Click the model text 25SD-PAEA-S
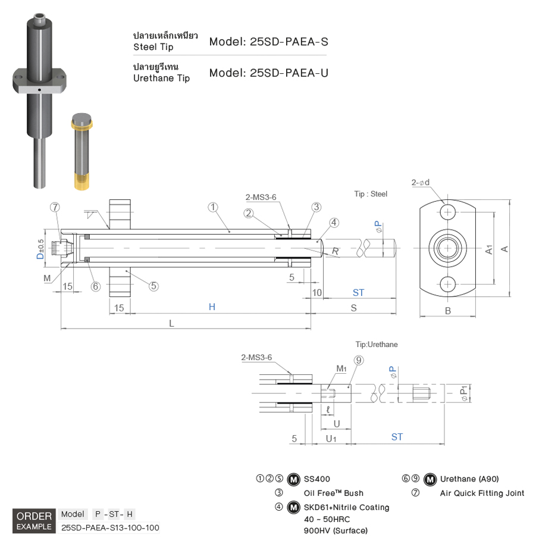(x=268, y=42)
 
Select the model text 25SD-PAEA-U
(x=268, y=73)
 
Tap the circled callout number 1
(x=213, y=207)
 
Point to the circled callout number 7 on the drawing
(x=55, y=207)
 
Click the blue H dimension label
(x=212, y=307)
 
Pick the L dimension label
(x=172, y=323)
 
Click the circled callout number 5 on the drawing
(x=154, y=285)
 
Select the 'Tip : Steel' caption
(x=371, y=194)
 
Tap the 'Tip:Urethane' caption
(x=377, y=344)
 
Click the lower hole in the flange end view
(x=448, y=285)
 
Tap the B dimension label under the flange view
(x=448, y=311)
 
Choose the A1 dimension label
(x=489, y=249)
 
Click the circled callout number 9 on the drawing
(x=358, y=360)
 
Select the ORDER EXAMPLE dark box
(x=34, y=521)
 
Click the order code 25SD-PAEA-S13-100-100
(x=110, y=527)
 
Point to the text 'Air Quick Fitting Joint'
(x=482, y=493)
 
